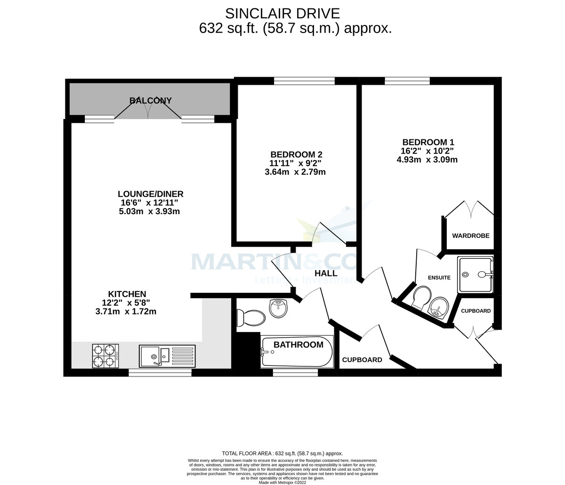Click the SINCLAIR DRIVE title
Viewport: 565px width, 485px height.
pos(282,13)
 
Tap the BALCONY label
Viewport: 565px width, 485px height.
pos(151,100)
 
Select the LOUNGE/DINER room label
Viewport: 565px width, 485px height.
pos(150,194)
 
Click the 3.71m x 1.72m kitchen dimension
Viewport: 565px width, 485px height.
pos(126,311)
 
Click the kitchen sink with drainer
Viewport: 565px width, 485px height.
pos(167,356)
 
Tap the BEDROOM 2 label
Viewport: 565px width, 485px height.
pos(296,154)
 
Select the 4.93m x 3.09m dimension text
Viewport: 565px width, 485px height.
pos(427,160)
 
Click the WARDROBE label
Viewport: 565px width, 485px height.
pos(470,235)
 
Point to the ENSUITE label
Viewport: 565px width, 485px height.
pos(439,278)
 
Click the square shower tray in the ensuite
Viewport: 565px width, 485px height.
pos(475,275)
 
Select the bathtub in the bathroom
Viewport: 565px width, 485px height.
pos(297,352)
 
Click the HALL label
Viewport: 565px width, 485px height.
pos(326,273)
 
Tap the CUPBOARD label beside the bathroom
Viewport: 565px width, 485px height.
pos(362,360)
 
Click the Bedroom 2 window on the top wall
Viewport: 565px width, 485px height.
pos(304,81)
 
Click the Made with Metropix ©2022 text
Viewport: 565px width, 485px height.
pos(282,482)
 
